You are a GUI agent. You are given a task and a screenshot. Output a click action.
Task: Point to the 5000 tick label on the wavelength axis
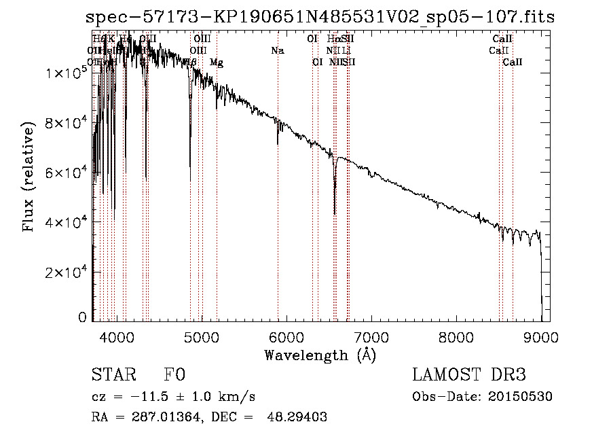(201, 336)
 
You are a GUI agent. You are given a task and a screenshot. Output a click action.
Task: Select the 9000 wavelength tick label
(541, 336)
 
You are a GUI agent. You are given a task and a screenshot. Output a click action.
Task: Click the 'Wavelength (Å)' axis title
(320, 355)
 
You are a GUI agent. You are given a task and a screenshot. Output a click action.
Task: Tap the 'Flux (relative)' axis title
(29, 177)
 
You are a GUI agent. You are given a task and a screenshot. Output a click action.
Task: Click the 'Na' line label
(277, 51)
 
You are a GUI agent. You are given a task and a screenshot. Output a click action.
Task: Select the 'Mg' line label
(217, 63)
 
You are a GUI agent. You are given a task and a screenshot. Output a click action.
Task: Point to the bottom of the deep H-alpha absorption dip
(335, 213)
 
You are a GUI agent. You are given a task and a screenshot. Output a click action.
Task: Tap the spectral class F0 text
(174, 375)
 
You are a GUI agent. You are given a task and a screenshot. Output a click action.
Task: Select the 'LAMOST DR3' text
(469, 375)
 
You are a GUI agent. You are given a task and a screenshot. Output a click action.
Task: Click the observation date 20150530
(521, 397)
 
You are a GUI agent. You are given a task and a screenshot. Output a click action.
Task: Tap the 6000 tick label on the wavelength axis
(286, 336)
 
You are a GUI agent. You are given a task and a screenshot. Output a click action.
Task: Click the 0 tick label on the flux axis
(83, 317)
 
